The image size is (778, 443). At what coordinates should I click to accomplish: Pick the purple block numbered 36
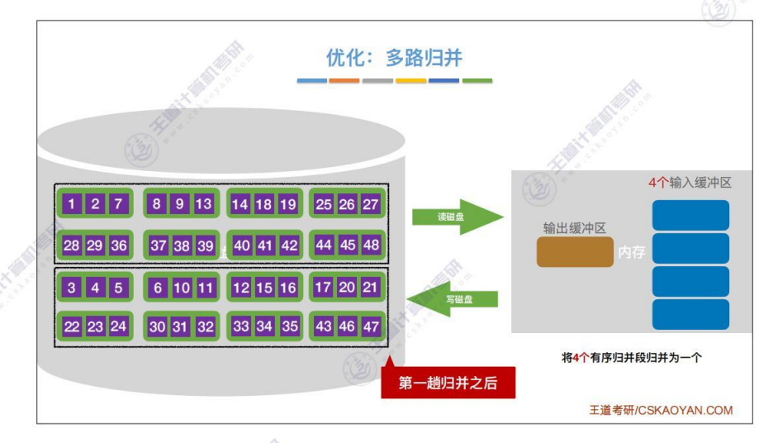pos(119,245)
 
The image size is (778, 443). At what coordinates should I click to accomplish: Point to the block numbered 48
pos(370,245)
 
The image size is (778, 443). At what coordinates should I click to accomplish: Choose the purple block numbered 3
pos(73,288)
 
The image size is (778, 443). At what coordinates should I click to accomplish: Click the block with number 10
pos(181,288)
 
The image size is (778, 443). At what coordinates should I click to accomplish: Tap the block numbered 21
pos(370,288)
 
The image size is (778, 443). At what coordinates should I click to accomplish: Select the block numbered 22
pos(73,326)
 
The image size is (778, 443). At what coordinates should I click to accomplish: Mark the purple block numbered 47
pos(370,326)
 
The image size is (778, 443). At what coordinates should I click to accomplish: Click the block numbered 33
pos(241,326)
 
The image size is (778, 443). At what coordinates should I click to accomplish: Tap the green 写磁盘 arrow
pos(453,299)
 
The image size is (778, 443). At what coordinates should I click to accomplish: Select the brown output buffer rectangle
pos(575,252)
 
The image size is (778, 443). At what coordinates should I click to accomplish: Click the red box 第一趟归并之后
pos(448,383)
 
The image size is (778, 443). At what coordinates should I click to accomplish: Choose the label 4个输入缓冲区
pos(690,183)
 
